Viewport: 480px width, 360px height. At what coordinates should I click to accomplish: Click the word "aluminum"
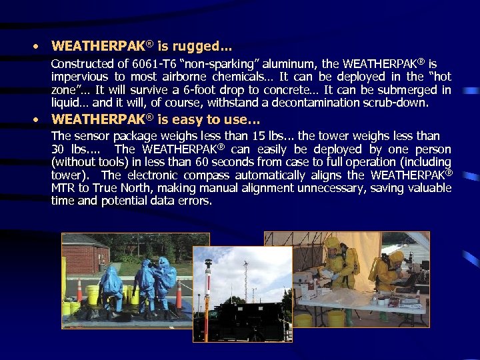[x=291, y=65]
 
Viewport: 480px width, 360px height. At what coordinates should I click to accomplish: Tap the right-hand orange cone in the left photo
[x=179, y=294]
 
